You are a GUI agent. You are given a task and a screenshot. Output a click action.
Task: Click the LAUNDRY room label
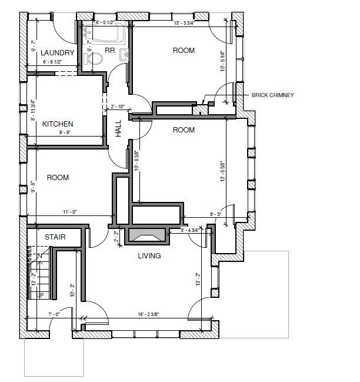click(58, 53)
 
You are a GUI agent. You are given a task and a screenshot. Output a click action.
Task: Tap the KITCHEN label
click(58, 124)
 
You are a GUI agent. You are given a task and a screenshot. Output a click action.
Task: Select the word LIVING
click(149, 256)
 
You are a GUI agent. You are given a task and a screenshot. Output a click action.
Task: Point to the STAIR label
click(55, 237)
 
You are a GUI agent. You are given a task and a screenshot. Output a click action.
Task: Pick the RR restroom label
click(109, 51)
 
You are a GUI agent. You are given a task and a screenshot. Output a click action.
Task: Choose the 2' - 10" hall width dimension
click(118, 107)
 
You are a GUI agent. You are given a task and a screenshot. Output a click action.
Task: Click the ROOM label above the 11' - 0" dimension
click(58, 177)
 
